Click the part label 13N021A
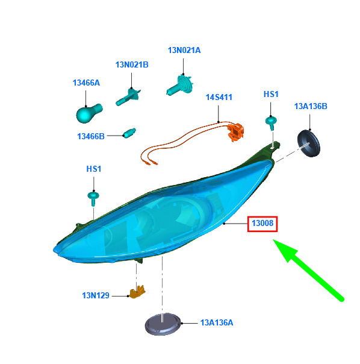pyautogui.click(x=184, y=50)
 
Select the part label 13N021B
pyautogui.click(x=132, y=64)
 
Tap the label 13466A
pyautogui.click(x=86, y=83)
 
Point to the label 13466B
pyautogui.click(x=91, y=136)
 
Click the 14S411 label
pyautogui.click(x=219, y=97)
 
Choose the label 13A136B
pyautogui.click(x=311, y=106)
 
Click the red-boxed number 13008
pyautogui.click(x=262, y=224)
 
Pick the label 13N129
pyautogui.click(x=96, y=295)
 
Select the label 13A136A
pyautogui.click(x=217, y=322)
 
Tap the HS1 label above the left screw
pyautogui.click(x=94, y=169)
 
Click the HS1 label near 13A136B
pyautogui.click(x=271, y=94)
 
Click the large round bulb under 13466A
pyautogui.click(x=89, y=113)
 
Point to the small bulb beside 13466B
pyautogui.click(x=129, y=133)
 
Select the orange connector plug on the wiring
pyautogui.click(x=235, y=132)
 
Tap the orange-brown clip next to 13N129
pyautogui.click(x=137, y=292)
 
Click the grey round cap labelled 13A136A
pyautogui.click(x=163, y=324)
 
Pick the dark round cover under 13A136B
pyautogui.click(x=308, y=143)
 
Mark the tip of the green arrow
pyautogui.click(x=273, y=240)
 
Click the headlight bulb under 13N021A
pyautogui.click(x=180, y=85)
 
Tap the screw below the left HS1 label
pyautogui.click(x=93, y=198)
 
